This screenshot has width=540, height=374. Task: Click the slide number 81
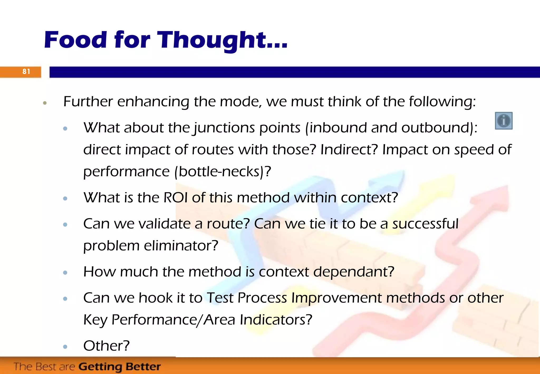pos(26,71)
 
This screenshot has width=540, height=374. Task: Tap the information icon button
pos(504,121)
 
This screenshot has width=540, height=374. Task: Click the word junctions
pos(224,128)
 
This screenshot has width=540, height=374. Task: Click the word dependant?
pos(354,272)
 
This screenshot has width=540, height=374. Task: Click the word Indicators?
pos(276,320)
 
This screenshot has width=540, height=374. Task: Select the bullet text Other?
pos(106,346)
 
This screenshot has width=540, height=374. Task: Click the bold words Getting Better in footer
pos(119,367)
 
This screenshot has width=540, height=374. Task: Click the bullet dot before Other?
pos(65,347)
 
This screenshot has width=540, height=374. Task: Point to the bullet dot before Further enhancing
pos(45,103)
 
